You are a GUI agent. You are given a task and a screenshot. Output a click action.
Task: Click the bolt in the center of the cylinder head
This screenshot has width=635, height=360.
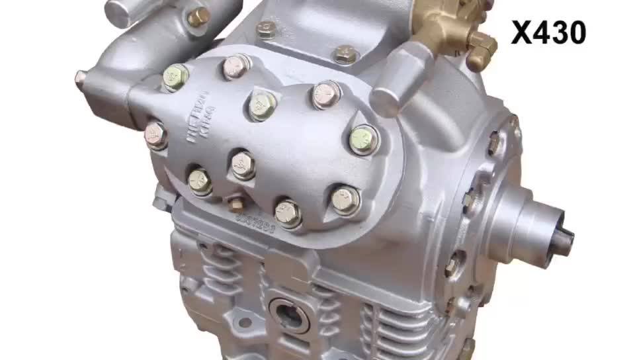click(x=263, y=105)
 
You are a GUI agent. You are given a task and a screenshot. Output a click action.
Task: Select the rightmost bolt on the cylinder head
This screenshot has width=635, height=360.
click(x=363, y=140)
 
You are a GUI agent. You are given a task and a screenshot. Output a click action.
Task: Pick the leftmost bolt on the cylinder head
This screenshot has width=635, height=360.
click(x=156, y=135)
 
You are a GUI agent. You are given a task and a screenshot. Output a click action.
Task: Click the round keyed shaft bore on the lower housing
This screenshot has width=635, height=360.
click(x=290, y=312)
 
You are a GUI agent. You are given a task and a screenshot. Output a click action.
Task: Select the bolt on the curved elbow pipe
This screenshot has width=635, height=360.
click(x=198, y=17)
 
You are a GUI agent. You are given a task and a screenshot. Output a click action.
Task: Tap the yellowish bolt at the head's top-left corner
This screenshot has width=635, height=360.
click(x=175, y=77)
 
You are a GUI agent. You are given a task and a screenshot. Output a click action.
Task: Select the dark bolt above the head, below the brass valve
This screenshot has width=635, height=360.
click(x=345, y=54)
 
